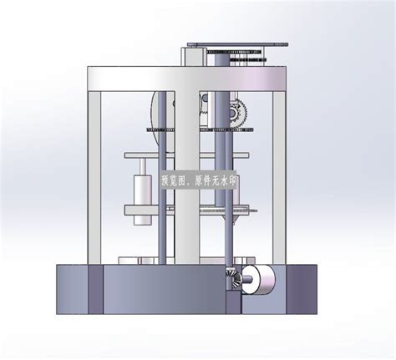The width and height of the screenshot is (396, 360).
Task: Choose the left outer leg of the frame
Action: [x=95, y=175]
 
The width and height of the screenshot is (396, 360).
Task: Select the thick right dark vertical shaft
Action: [x=223, y=192]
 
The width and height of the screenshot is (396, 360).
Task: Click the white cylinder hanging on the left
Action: [x=144, y=194]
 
